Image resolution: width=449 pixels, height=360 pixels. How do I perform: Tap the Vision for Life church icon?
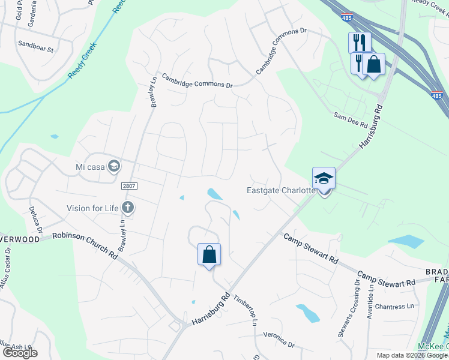(127, 208)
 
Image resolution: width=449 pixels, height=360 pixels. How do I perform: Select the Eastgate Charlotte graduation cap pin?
(324, 179)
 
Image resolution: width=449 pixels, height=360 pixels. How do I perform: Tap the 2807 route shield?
(129, 186)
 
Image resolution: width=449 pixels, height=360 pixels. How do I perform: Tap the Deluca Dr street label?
(35, 220)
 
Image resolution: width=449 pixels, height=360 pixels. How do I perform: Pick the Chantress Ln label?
(394, 307)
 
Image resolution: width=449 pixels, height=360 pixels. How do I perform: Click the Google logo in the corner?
(20, 353)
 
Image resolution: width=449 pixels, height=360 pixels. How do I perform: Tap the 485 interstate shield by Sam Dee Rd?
(438, 95)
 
